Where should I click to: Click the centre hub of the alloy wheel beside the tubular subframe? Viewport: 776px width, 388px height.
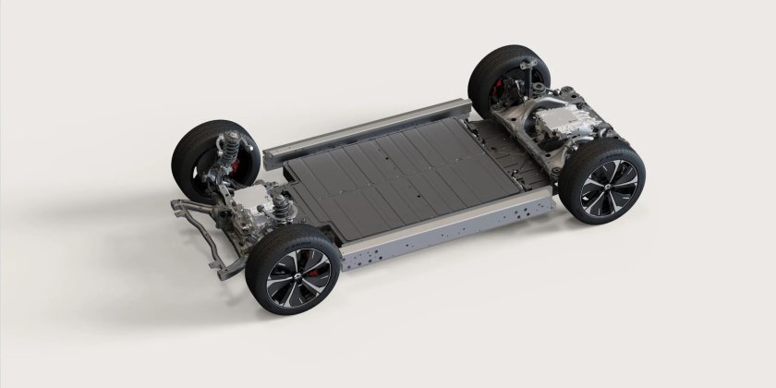click(295, 266)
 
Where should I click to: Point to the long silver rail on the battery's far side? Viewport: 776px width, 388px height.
click(370, 130)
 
